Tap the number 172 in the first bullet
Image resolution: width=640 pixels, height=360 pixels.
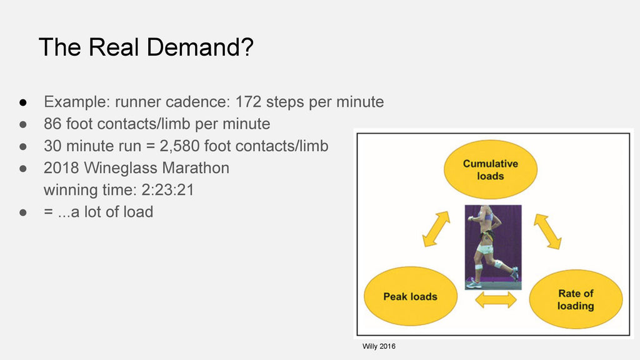pos(248,102)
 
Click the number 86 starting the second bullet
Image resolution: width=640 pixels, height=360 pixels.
pos(52,124)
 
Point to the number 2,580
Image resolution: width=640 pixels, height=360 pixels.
pos(179,146)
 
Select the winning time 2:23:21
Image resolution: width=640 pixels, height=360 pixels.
pos(167,190)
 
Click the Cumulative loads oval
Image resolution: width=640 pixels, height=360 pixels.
pos(490,169)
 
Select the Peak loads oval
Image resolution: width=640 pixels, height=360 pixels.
pos(410,296)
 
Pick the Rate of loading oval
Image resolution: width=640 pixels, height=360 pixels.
pos(576,299)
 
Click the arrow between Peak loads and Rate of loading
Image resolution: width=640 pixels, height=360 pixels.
pos(496,300)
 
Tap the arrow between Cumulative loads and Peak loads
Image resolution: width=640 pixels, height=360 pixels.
pos(436,229)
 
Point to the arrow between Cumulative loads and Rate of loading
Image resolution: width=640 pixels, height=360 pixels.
pos(547,231)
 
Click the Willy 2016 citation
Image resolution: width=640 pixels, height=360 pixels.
pos(379,346)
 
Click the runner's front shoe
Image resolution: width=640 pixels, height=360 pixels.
pos(474,284)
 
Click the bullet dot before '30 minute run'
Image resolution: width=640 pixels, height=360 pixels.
pos(23,146)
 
